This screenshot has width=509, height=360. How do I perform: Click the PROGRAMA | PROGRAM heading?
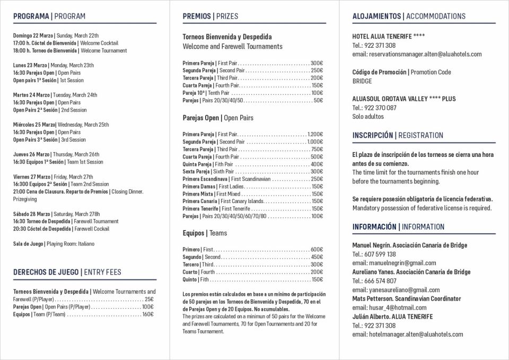click(x=49, y=16)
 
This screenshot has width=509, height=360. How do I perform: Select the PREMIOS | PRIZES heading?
click(x=210, y=16)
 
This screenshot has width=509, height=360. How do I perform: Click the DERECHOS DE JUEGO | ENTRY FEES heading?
click(x=67, y=272)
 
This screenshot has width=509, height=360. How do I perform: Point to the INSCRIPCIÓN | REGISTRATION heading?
click(x=398, y=135)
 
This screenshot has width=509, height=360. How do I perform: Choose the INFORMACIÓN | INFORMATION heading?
click(x=398, y=227)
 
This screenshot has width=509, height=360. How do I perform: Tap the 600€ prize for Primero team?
click(x=317, y=249)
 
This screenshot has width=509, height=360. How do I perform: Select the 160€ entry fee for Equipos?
click(x=148, y=314)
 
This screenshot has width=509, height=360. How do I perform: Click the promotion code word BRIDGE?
click(x=362, y=81)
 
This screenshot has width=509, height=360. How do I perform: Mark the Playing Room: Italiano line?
click(x=54, y=244)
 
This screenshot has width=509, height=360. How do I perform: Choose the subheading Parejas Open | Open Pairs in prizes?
click(x=218, y=118)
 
